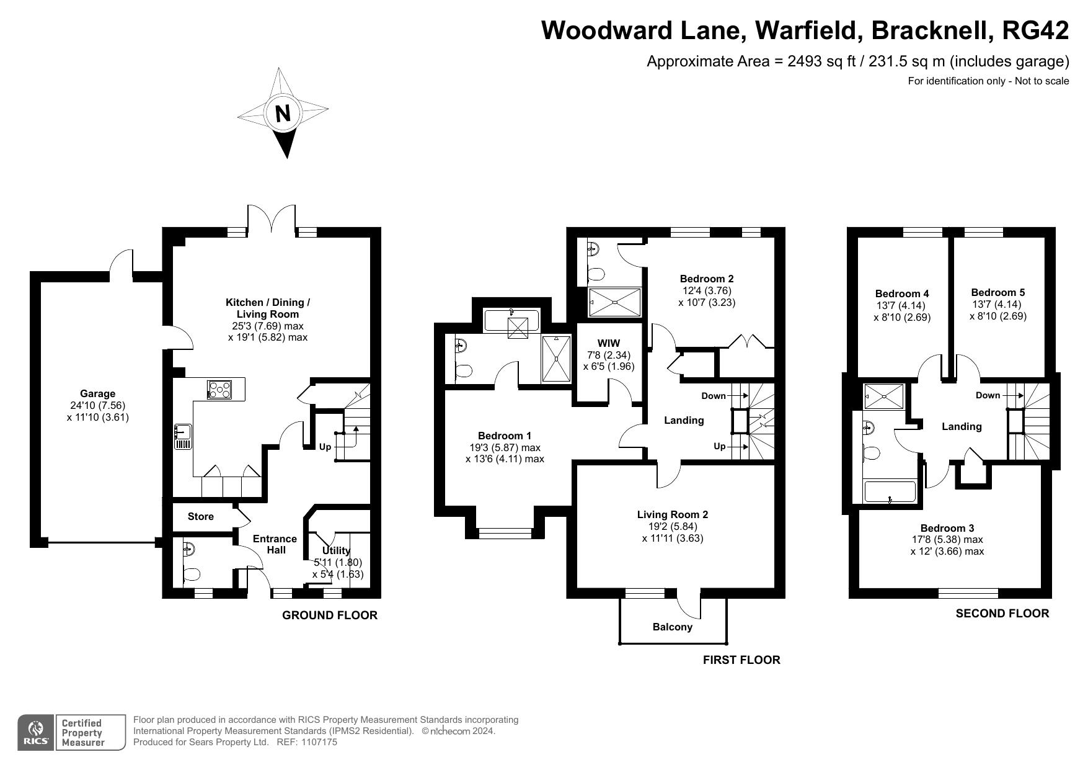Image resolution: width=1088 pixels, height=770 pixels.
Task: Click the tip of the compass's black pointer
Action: coord(286,158)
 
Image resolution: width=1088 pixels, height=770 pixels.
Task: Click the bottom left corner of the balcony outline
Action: coord(620,643)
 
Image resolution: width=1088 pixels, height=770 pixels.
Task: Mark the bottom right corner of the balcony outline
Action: coord(726,643)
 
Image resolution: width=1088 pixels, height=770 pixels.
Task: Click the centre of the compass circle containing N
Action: coord(283,114)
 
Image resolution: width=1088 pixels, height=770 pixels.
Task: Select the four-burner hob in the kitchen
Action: coord(220,389)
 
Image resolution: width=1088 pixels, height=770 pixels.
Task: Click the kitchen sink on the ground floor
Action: coord(183,436)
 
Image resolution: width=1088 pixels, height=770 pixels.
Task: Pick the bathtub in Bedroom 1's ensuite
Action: coord(512,320)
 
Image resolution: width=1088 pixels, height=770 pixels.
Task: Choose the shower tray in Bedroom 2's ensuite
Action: coord(614,303)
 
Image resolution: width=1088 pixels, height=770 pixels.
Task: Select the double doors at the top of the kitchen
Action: coord(272,220)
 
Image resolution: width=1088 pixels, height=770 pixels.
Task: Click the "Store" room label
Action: coord(201,516)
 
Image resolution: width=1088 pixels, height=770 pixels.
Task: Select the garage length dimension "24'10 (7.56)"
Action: coord(98,405)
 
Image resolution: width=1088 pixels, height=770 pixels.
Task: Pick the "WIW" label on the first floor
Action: coord(608,343)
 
